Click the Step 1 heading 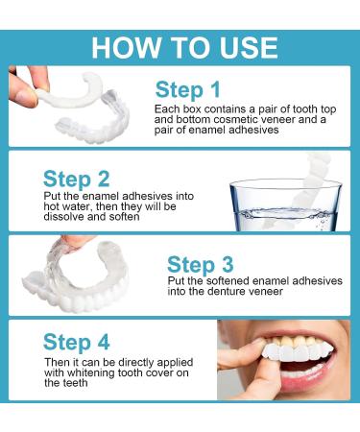pyautogui.click(x=193, y=90)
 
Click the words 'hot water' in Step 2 pyautogui.click(x=67, y=211)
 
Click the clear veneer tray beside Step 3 pyautogui.click(x=82, y=278)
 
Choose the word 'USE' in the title pyautogui.click(x=242, y=47)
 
